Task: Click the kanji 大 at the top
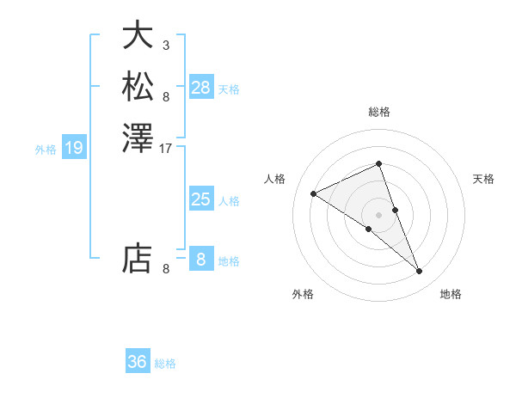[138, 35]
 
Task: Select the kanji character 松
[138, 87]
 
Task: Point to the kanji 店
[138, 258]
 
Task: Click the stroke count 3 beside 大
[166, 45]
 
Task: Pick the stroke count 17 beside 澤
[166, 148]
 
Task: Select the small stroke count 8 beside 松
[166, 96]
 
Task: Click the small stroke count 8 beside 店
[166, 268]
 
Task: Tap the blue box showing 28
[201, 87]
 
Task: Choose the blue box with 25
[201, 199]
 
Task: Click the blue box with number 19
[74, 148]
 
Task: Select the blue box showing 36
[138, 362]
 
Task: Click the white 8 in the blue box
[201, 259]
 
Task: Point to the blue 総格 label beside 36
[166, 364]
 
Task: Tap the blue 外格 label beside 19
[46, 150]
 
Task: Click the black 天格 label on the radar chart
[483, 179]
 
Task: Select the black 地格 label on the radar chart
[451, 294]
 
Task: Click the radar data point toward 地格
[420, 272]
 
